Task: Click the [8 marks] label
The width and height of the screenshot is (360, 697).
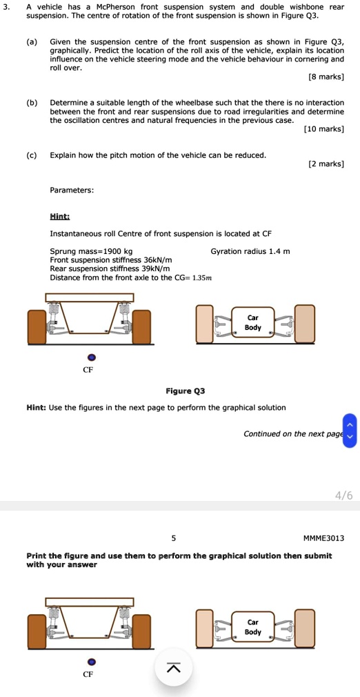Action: [328, 76]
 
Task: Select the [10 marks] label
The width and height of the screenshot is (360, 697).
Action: [323, 128]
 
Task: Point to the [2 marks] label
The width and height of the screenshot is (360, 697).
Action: [327, 164]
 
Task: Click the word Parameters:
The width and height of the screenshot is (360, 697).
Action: [72, 190]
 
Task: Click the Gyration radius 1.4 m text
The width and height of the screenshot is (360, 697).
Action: [250, 251]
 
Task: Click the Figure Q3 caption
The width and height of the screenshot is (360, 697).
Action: [186, 391]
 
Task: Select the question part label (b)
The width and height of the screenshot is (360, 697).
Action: [32, 103]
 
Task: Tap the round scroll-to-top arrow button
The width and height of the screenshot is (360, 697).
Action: [173, 667]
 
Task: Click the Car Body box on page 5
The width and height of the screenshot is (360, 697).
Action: [252, 627]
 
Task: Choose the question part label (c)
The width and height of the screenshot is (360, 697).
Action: [32, 155]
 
